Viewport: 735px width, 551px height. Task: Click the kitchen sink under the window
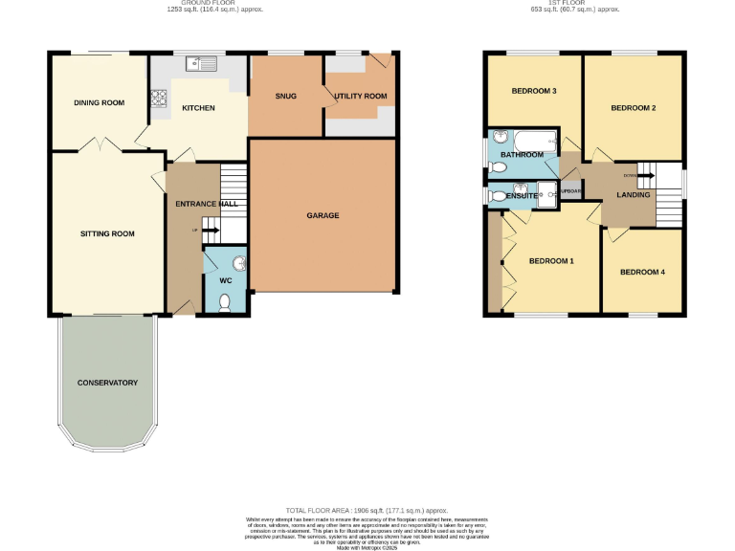(204, 65)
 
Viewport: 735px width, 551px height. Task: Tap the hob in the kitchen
(158, 97)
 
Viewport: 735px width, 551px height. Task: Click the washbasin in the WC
(238, 264)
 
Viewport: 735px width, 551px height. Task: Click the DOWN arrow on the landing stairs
(645, 176)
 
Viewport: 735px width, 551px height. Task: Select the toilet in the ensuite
(497, 195)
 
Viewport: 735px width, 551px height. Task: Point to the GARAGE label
(323, 216)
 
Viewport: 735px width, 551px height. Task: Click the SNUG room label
(285, 97)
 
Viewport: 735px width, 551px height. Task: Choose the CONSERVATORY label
(107, 383)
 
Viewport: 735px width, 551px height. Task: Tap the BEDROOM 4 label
(642, 273)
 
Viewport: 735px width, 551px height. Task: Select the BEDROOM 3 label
(534, 91)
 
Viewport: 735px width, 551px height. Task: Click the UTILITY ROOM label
(361, 97)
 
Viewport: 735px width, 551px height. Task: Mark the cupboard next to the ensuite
(570, 190)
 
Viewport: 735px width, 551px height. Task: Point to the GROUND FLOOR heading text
(214, 4)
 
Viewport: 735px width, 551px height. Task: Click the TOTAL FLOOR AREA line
(367, 511)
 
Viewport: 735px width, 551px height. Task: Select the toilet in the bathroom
(496, 166)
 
